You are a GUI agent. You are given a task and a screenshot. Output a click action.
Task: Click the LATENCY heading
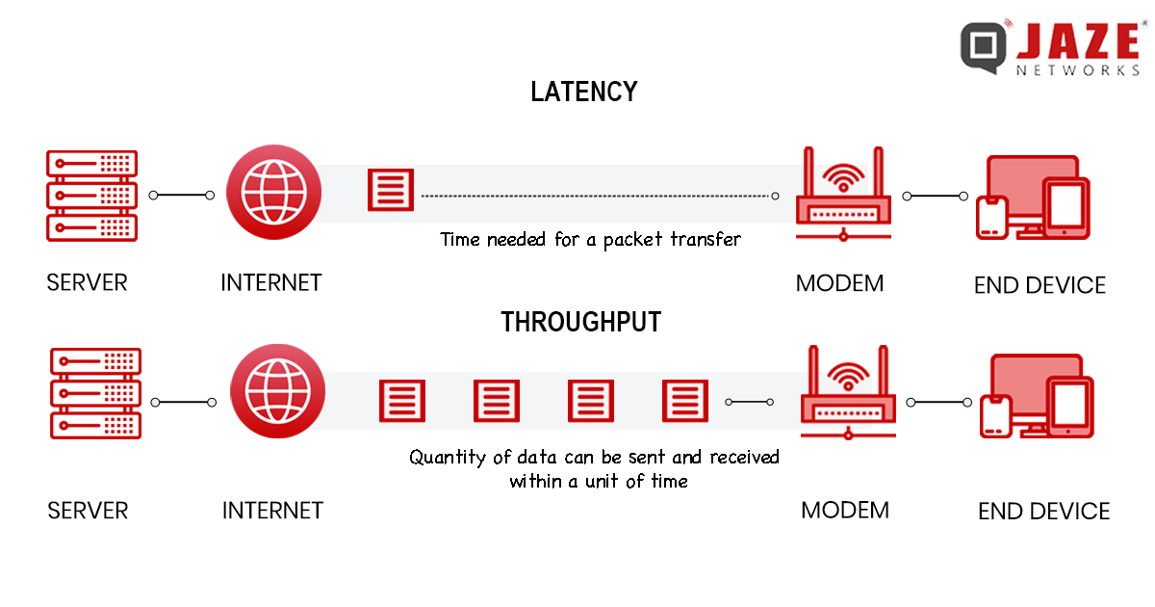pyautogui.click(x=584, y=92)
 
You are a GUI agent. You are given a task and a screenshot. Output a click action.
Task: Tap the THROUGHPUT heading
pyautogui.click(x=581, y=322)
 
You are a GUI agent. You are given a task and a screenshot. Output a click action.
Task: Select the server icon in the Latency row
pyautogui.click(x=92, y=195)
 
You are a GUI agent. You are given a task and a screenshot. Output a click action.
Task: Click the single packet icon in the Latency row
pyautogui.click(x=391, y=190)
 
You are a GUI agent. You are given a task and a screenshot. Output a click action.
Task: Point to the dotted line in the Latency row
pyautogui.click(x=597, y=196)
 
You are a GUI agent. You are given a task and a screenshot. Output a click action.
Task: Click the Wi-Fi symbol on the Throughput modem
pyautogui.click(x=847, y=376)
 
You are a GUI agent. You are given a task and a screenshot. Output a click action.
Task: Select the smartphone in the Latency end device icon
pyautogui.click(x=990, y=216)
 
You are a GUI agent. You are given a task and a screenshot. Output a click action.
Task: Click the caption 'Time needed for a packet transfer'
pyautogui.click(x=590, y=239)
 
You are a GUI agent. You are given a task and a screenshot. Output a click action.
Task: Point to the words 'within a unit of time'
pyautogui.click(x=599, y=481)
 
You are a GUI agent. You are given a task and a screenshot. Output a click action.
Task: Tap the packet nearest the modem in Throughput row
pyautogui.click(x=685, y=400)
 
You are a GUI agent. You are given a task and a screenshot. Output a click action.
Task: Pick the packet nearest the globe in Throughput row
pyautogui.click(x=401, y=400)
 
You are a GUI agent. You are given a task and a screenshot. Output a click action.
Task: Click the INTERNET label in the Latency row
pyautogui.click(x=270, y=282)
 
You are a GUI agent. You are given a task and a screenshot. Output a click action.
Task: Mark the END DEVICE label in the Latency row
pyautogui.click(x=1039, y=285)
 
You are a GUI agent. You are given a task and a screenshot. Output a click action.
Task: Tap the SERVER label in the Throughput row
pyautogui.click(x=88, y=510)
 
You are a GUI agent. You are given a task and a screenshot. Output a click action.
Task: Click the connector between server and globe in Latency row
pyautogui.click(x=182, y=196)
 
